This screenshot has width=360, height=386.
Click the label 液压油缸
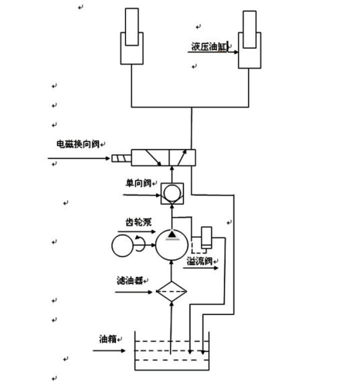click(211, 47)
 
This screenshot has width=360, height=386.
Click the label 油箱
click(108, 338)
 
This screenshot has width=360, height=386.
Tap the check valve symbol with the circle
click(171, 190)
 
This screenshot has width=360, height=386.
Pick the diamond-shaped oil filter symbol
click(170, 292)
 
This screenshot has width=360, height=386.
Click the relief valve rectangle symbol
click(205, 236)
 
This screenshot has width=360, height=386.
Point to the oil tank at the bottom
click(171, 354)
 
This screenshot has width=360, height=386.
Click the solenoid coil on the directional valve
click(120, 160)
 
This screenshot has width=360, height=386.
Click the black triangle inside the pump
click(171, 234)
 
